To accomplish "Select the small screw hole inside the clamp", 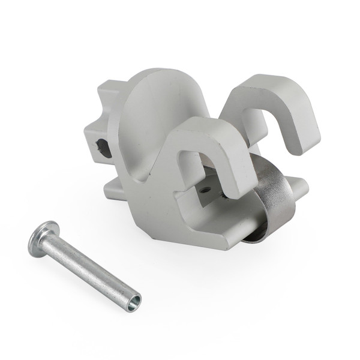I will coord(206,188).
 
